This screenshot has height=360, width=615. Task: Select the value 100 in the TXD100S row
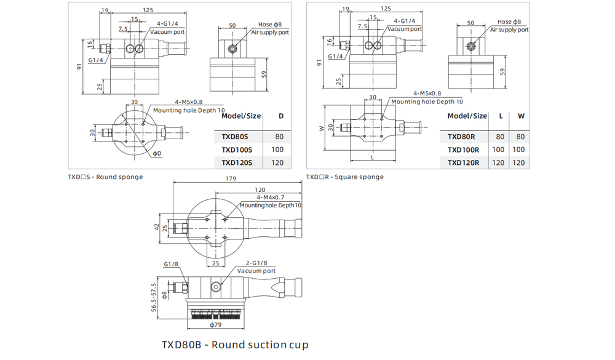tap(277, 150)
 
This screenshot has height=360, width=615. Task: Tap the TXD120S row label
tap(237, 163)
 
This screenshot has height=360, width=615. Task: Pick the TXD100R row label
tap(463, 150)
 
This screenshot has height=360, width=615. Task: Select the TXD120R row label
tap(463, 163)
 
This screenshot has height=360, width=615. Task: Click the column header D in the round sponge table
tap(281, 116)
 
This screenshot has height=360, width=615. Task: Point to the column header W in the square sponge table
tap(521, 116)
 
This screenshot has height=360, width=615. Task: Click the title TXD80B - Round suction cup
tap(235, 345)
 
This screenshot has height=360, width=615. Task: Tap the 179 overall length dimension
tap(231, 178)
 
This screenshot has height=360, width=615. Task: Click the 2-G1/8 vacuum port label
tap(256, 263)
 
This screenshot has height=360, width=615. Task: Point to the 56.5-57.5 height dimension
tap(154, 297)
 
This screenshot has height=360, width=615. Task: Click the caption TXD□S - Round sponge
tap(105, 177)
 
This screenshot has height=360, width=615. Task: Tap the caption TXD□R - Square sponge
tap(345, 177)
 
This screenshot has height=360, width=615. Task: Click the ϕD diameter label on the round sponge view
tap(157, 153)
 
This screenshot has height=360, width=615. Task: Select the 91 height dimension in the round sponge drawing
tap(79, 66)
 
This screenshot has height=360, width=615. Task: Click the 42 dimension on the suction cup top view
tap(156, 227)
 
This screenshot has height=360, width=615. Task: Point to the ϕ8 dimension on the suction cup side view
tap(164, 295)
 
